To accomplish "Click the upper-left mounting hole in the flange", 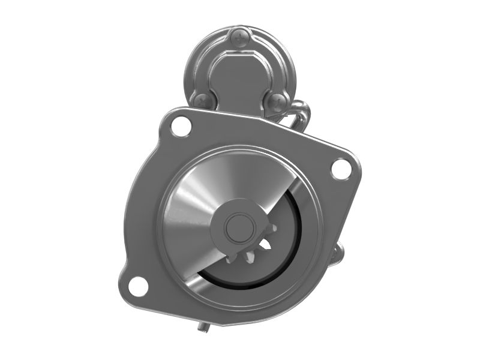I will point(179,126).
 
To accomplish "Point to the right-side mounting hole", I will point(341,168).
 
